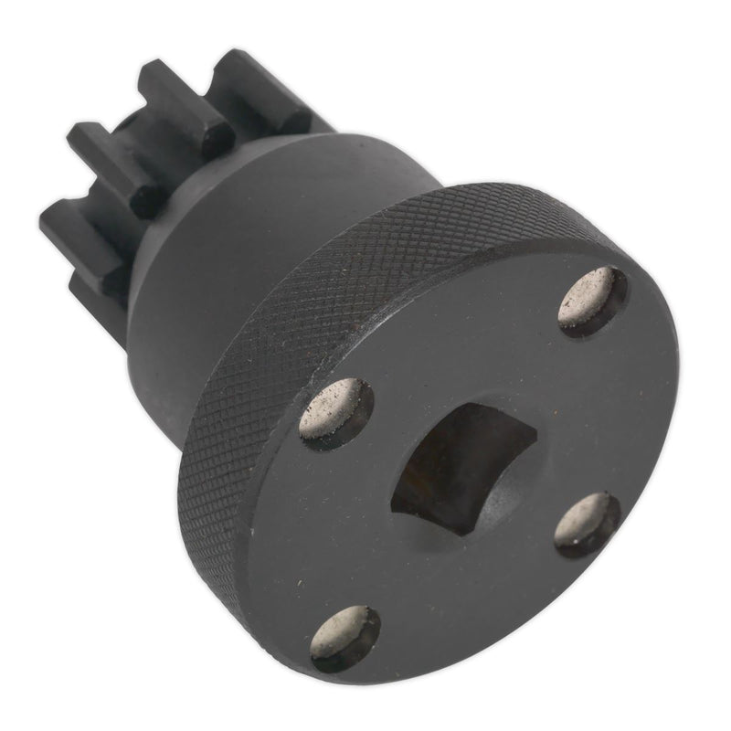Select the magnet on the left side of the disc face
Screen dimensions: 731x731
336,413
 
